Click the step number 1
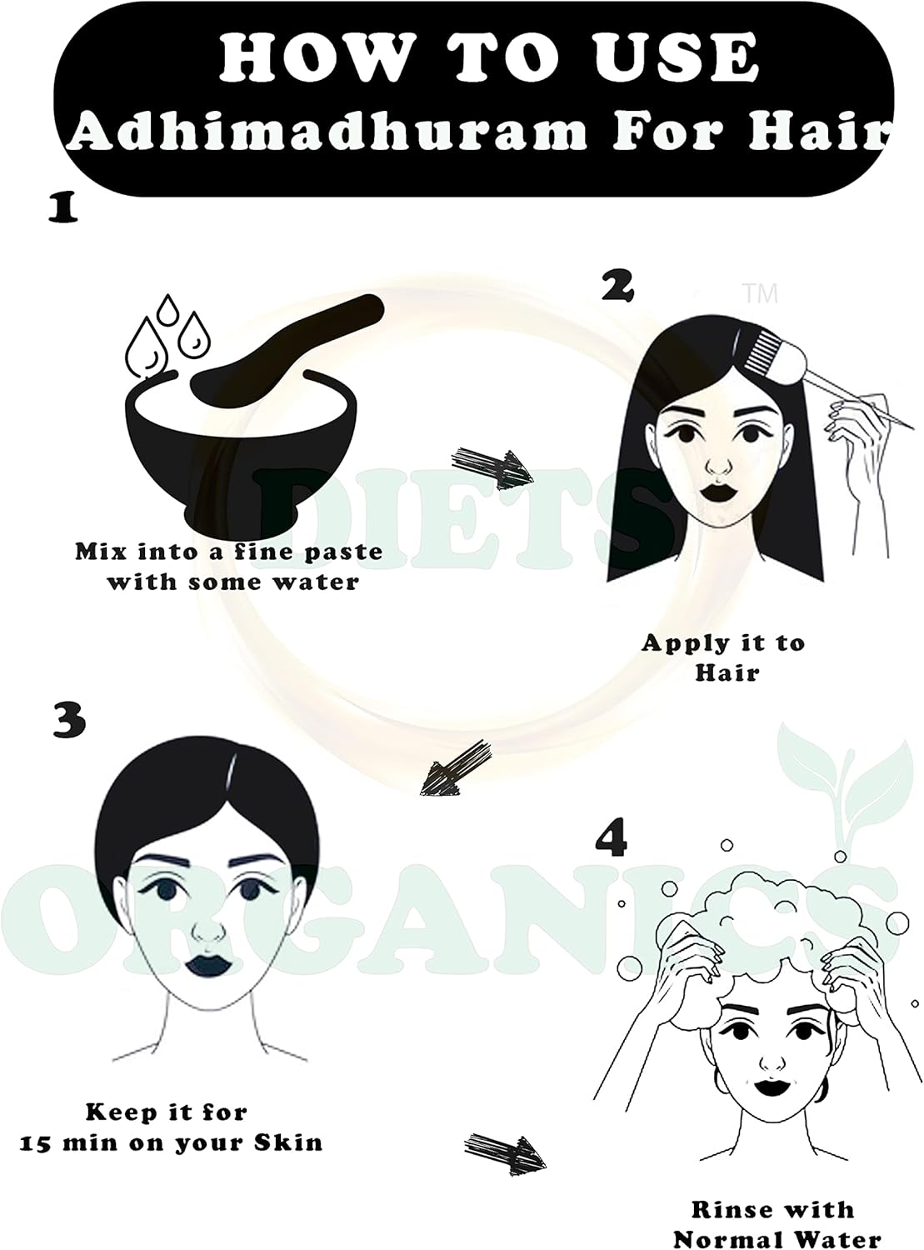(62, 208)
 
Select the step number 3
(68, 719)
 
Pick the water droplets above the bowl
(167, 333)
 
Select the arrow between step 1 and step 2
(492, 467)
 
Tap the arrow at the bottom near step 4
(504, 1151)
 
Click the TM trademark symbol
(759, 293)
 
